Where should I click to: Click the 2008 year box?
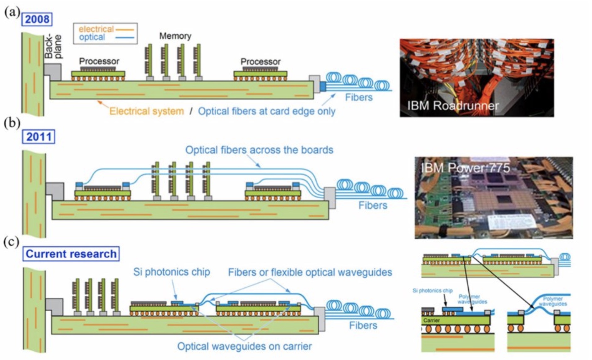(x=37, y=19)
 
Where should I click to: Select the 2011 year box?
(x=38, y=137)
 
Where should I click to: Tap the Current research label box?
(x=71, y=254)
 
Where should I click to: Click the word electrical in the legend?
(x=96, y=29)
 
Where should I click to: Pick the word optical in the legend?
(x=92, y=37)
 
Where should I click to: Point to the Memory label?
(x=175, y=36)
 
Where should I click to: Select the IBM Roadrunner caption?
(x=453, y=106)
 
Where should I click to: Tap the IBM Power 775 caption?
(x=465, y=168)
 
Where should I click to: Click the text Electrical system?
(x=146, y=111)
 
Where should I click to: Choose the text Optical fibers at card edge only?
(x=266, y=111)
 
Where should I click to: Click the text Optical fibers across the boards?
(x=259, y=150)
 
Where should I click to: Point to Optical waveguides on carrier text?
(x=245, y=346)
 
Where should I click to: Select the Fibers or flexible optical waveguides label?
(x=310, y=272)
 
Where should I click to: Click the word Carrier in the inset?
(x=431, y=320)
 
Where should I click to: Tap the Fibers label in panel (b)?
(x=373, y=205)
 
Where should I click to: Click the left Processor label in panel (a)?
(x=99, y=61)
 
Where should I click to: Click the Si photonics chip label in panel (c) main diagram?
(x=171, y=272)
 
